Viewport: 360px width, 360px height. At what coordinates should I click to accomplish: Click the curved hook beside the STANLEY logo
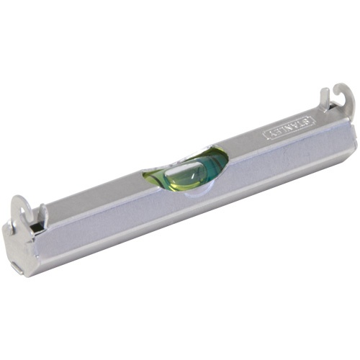(345, 101)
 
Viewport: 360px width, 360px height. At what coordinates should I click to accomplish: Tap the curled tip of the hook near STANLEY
(338, 92)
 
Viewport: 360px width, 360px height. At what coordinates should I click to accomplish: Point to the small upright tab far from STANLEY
(42, 214)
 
